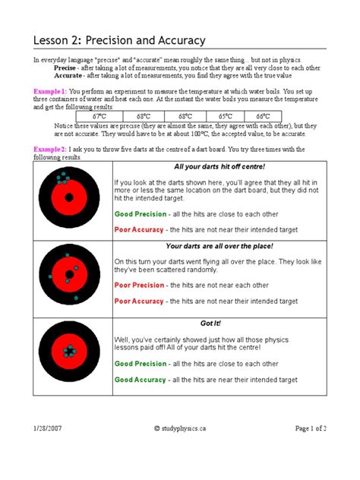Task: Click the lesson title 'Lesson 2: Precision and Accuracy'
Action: click(x=121, y=40)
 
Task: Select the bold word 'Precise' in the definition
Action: click(x=66, y=68)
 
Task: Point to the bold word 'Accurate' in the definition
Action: click(x=68, y=75)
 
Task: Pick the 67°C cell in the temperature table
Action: click(x=99, y=116)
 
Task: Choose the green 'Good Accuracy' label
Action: click(x=141, y=378)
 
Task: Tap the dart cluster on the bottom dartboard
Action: click(x=69, y=352)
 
